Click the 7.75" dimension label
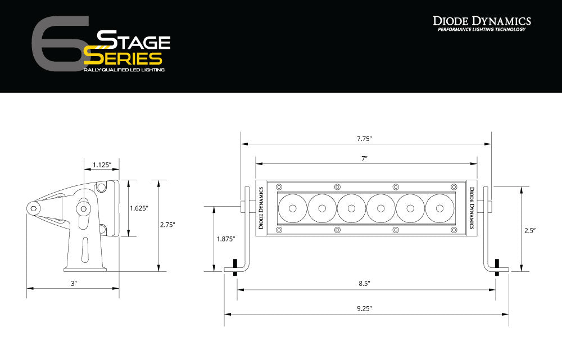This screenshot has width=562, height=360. tap(365, 138)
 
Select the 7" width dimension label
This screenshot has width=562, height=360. tap(365, 158)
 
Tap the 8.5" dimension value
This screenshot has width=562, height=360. tap(364, 284)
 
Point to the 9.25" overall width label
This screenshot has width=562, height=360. tap(364, 308)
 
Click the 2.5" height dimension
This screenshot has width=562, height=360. tap(530, 230)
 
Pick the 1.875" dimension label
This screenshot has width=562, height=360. tap(225, 239)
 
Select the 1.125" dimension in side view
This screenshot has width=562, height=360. tap(102, 165)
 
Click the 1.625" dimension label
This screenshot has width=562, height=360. tap(138, 208)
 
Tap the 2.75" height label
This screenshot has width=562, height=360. tap(167, 225)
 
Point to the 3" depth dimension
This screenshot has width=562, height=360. tap(73, 284)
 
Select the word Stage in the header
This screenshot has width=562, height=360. tap(134, 41)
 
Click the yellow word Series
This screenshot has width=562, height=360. tap(124, 58)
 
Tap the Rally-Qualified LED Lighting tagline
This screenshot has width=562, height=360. tap(124, 70)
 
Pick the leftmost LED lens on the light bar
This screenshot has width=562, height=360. tap(292, 208)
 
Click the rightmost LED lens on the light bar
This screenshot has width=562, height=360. tap(439, 208)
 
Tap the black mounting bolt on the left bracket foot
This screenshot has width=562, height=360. tap(234, 264)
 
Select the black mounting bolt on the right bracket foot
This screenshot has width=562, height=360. tap(497, 264)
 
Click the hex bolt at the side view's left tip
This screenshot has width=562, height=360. tap(35, 208)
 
